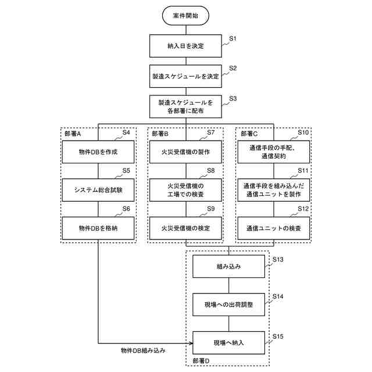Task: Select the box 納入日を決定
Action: pos(185,45)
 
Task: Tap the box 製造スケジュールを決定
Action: pos(185,76)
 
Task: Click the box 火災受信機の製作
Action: pos(185,152)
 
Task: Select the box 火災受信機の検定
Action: pos(185,227)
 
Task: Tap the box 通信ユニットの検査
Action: pos(273,227)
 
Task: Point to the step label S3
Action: pos(233,98)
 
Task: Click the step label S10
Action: pos(303,133)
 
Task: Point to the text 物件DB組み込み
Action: pos(143,351)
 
